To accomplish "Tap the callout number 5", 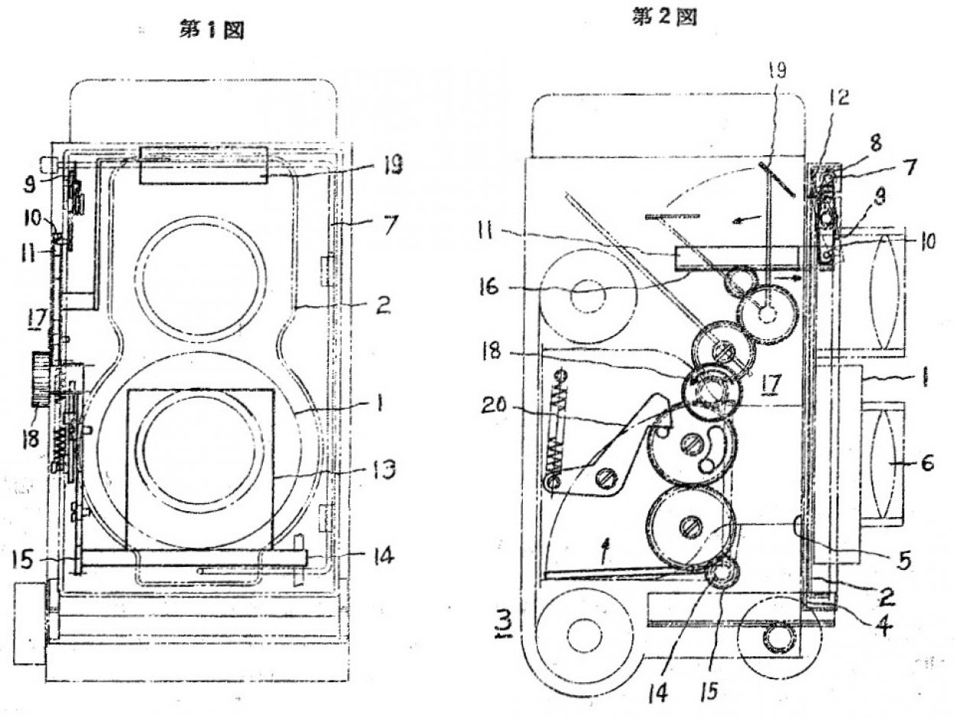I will [904, 561].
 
